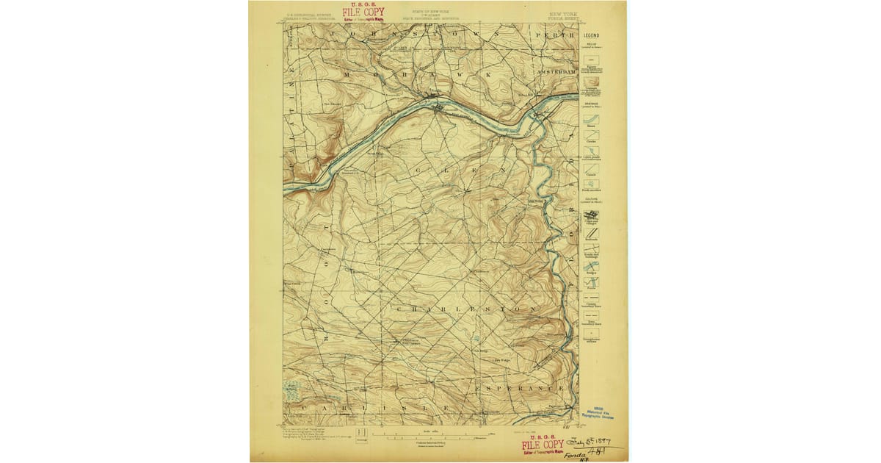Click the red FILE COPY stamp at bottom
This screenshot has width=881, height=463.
click(x=543, y=445)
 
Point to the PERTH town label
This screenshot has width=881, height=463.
click(x=551, y=35)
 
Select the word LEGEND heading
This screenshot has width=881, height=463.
click(x=591, y=35)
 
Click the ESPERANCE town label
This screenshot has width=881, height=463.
click(x=522, y=387)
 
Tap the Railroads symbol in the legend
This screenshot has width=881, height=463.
click(x=591, y=233)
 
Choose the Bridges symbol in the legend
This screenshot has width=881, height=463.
click(x=591, y=266)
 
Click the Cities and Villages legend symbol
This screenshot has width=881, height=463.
click(x=591, y=217)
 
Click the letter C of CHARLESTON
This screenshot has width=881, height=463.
click(x=398, y=310)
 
